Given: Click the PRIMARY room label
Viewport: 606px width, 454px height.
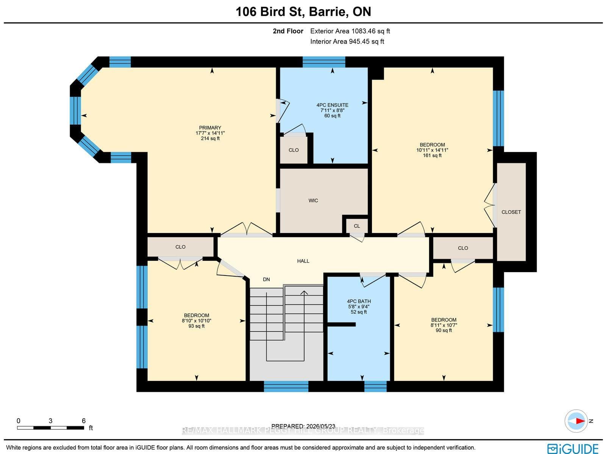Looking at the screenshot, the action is coord(210,128).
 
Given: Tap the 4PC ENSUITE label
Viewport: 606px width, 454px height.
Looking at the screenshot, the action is coord(332,105).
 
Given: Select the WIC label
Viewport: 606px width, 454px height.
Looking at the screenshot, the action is coord(313,200).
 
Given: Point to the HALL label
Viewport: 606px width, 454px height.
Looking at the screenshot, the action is coord(303,261).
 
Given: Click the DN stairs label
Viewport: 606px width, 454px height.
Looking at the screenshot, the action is coord(266,279).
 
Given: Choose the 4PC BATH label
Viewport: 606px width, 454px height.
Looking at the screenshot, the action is coord(359,301).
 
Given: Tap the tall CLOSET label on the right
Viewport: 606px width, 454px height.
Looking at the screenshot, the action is coord(511,212).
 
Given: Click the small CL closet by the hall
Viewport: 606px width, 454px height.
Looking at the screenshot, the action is coord(357,226).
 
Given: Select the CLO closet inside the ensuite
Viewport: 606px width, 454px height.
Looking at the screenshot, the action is coord(294,150).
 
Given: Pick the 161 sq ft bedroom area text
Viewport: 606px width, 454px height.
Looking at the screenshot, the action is coord(432,155).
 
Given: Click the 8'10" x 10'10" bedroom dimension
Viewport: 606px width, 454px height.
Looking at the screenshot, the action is coord(196,321).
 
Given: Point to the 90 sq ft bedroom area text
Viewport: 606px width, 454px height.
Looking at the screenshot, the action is coord(444,330).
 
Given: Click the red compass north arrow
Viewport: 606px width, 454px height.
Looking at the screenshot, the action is coord(580,421).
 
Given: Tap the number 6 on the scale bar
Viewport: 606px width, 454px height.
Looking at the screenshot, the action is coord(84,421).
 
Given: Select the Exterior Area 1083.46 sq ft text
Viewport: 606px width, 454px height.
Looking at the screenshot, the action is coord(350,31).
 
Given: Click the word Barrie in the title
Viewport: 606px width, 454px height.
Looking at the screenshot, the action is coord(327,12).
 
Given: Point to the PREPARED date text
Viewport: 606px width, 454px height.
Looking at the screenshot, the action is coord(303,426).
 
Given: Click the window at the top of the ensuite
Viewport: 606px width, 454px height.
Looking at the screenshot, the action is coord(324,62).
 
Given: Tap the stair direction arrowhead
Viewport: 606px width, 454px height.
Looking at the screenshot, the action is coord(304,293).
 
